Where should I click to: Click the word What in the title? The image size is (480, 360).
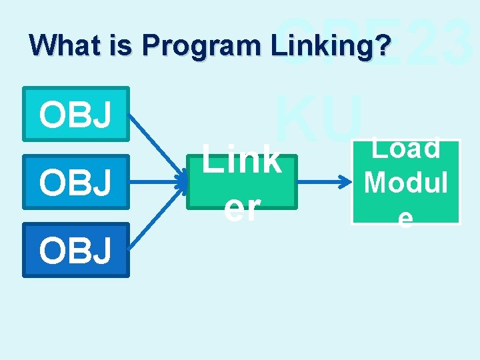[57, 45]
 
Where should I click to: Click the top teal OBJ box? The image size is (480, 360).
[75, 113]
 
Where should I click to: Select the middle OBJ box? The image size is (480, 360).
[75, 182]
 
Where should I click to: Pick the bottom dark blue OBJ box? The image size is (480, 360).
[75, 249]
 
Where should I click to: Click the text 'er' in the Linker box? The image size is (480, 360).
[241, 208]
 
